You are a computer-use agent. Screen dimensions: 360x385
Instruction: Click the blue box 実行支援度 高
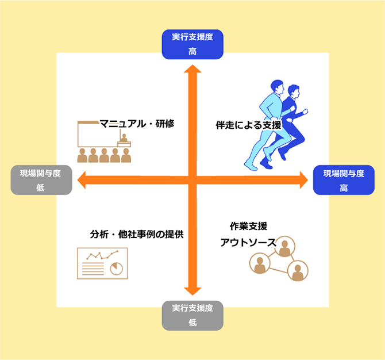click(x=192, y=44)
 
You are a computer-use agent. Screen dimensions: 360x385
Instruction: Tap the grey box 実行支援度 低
click(x=192, y=315)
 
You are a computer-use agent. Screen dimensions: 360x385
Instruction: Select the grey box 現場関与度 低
click(x=41, y=180)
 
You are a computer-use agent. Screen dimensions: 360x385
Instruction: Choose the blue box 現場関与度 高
click(x=343, y=180)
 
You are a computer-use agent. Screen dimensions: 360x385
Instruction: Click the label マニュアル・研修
click(x=137, y=123)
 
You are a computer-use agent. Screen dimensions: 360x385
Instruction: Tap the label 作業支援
click(x=248, y=226)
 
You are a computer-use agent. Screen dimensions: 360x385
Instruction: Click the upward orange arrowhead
click(x=192, y=70)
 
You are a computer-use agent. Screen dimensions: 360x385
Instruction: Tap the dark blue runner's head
click(x=294, y=91)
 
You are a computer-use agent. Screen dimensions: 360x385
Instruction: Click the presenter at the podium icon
click(x=123, y=137)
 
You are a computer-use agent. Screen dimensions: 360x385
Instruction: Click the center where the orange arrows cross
click(x=192, y=180)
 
